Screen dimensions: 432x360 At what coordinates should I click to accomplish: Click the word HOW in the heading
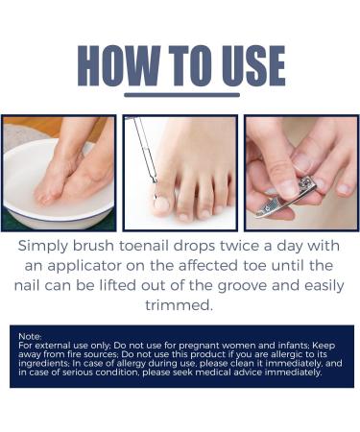coord(116,65)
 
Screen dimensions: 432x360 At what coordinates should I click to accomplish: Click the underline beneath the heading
coord(181,95)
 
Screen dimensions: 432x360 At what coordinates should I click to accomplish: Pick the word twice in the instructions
coord(253,247)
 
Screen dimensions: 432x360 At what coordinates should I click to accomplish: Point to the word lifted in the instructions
coord(137,286)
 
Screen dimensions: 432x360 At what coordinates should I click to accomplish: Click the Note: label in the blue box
coord(30,336)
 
